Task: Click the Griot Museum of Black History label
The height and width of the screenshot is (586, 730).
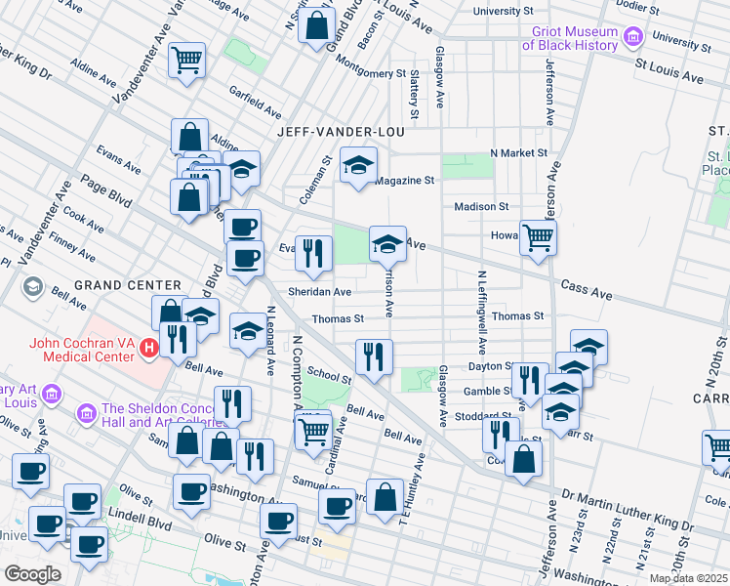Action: click(x=570, y=37)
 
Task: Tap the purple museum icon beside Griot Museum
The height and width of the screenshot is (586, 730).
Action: click(x=633, y=38)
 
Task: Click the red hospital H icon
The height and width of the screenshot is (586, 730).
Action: click(x=148, y=347)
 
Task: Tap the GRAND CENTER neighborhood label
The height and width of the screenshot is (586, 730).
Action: click(x=128, y=285)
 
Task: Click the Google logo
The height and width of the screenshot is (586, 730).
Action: click(x=32, y=573)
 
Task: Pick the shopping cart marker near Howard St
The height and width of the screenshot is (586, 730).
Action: click(x=538, y=236)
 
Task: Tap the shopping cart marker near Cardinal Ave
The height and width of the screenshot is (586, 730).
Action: click(x=313, y=429)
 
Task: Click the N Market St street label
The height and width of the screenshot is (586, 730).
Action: click(x=518, y=153)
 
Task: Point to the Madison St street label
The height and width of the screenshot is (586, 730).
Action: click(x=481, y=206)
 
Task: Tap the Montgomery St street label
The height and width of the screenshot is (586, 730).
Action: click(x=370, y=73)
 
